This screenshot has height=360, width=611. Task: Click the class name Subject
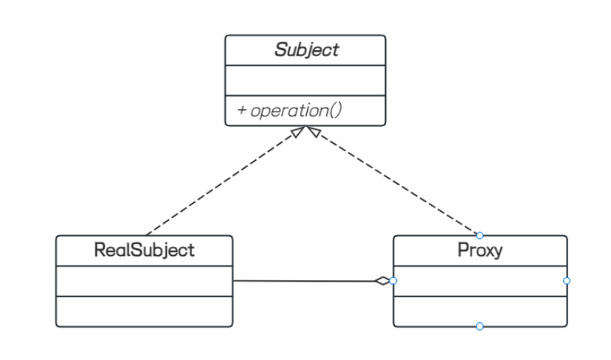(x=307, y=50)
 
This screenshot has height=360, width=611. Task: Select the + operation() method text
(x=289, y=110)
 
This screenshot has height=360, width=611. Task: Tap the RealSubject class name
(x=144, y=250)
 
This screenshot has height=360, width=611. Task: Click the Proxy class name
(x=480, y=250)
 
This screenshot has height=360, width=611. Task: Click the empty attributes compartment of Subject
(x=305, y=80)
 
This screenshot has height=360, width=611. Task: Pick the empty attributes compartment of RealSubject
(x=144, y=281)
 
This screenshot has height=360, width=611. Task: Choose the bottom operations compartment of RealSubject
(x=144, y=311)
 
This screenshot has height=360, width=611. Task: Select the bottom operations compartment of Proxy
(x=480, y=311)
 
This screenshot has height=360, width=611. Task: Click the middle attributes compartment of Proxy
(x=480, y=281)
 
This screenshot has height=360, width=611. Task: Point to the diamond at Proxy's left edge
(x=383, y=281)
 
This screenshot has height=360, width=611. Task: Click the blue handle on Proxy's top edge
(x=480, y=235)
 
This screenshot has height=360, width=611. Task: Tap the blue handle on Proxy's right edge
(x=567, y=281)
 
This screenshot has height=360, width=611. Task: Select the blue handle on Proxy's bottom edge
(x=480, y=327)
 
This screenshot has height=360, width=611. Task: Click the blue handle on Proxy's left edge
(x=393, y=281)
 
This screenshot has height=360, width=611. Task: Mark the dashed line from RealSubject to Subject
(x=224, y=181)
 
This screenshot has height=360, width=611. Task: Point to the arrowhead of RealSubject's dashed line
(x=298, y=131)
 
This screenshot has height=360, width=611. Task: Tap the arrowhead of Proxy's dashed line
(x=314, y=131)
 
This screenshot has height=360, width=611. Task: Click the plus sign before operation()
(x=241, y=110)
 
